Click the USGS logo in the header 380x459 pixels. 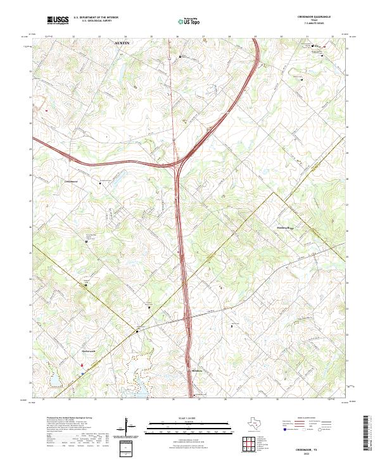pos(58,20)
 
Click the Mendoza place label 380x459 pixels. pos(198,371)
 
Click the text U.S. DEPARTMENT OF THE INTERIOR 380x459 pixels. pos(96,18)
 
